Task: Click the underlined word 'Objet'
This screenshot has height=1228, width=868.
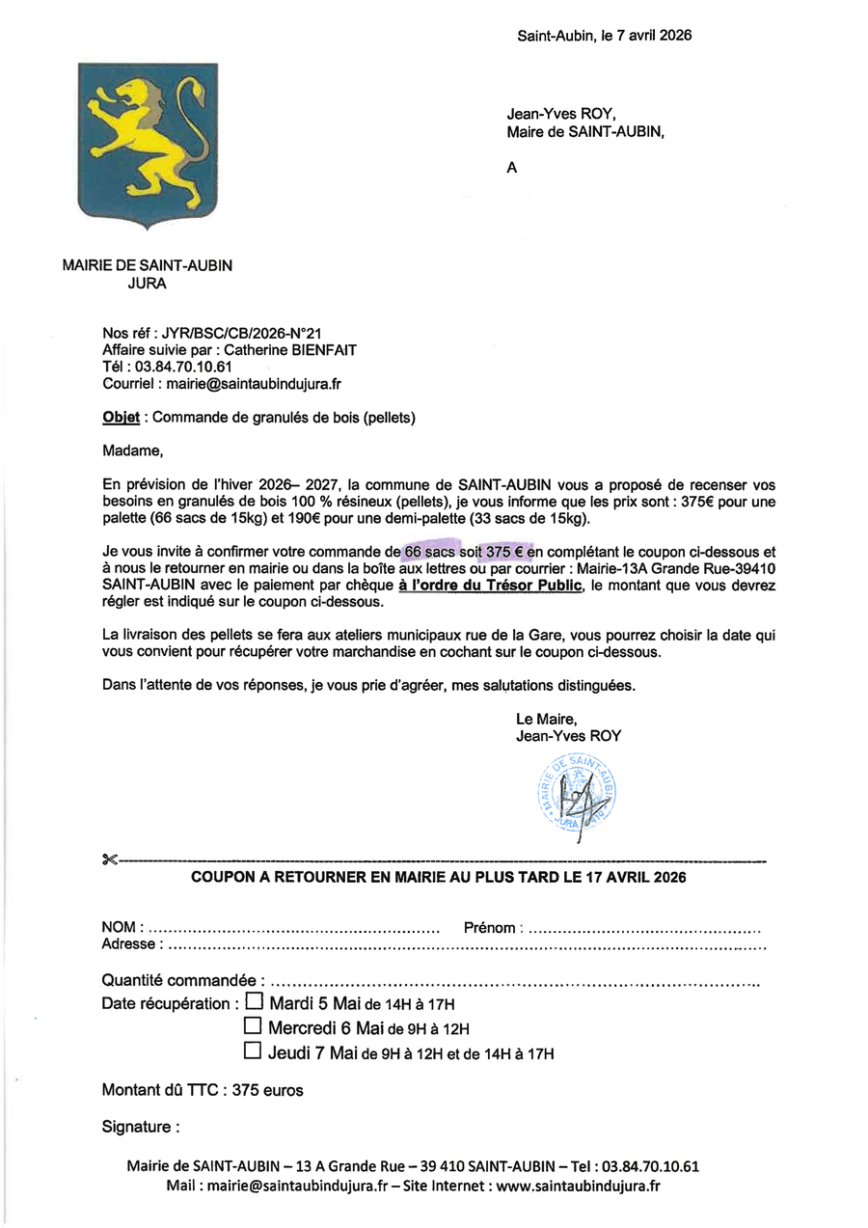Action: (x=122, y=418)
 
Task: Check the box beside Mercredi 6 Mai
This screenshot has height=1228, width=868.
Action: (x=254, y=1026)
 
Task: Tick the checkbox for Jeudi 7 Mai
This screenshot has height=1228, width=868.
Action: (x=254, y=1051)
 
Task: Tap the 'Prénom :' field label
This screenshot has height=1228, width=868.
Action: (x=493, y=928)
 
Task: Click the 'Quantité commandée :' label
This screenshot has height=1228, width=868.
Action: (x=182, y=980)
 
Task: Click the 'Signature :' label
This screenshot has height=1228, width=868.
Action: (x=140, y=1127)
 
